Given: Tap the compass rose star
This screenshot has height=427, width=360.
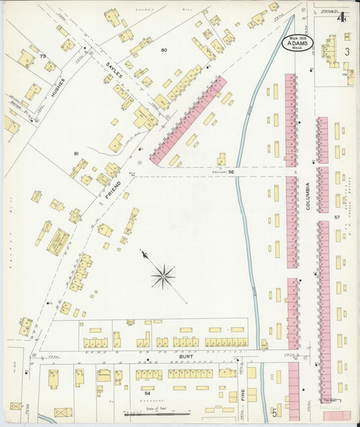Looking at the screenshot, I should pyautogui.click(x=163, y=275).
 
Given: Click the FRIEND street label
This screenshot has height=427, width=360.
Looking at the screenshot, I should pyautogui.click(x=114, y=191).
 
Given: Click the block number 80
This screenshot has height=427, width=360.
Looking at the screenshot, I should pyautogui.click(x=163, y=50).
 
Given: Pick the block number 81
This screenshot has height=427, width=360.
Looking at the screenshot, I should pyautogui.click(x=77, y=154).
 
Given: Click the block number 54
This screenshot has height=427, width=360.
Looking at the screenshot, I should pyautogui.click(x=146, y=391).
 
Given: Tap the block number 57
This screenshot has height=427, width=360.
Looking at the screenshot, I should pyautogui.click(x=336, y=218).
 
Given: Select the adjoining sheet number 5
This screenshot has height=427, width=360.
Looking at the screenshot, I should pyautogui.click(x=275, y=411).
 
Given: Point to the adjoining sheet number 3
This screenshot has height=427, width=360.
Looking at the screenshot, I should pyautogui.click(x=347, y=51).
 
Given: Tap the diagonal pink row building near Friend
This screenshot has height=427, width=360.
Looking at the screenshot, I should pyautogui.click(x=188, y=120).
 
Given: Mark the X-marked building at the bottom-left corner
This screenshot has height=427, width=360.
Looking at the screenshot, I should pyautogui.click(x=63, y=411).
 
